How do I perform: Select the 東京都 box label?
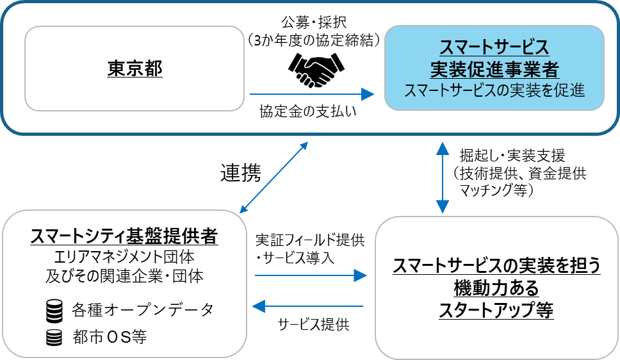click(x=135, y=68)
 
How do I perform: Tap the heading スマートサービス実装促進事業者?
click(x=494, y=58)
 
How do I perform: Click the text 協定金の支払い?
click(x=307, y=111)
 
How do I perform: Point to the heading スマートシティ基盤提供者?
click(x=124, y=238)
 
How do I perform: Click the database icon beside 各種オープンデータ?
click(x=54, y=311)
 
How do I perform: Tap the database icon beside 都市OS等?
click(x=54, y=337)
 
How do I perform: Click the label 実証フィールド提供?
click(x=310, y=240)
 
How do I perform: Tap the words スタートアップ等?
click(x=496, y=311)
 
